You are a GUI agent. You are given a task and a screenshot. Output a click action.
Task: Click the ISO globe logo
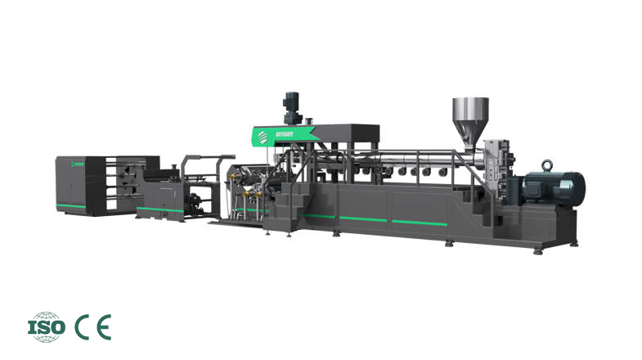[x=47, y=326]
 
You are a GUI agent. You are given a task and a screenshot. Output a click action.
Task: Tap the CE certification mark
[x=92, y=326]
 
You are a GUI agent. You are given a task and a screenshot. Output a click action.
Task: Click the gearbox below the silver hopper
[x=496, y=164]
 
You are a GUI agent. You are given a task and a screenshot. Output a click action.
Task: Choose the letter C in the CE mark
[x=83, y=326]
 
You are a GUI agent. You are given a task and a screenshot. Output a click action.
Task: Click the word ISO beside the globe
[x=41, y=326]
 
